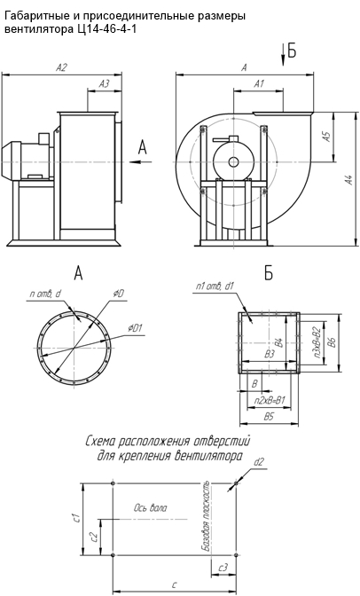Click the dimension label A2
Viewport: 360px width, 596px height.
pos(61,67)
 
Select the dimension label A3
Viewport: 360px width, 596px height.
pos(104,84)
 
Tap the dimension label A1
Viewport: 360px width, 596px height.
pos(259,83)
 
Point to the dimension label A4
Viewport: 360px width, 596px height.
pos(348,180)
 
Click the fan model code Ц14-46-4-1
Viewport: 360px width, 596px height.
pos(104,29)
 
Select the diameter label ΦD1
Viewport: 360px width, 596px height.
pos(135,327)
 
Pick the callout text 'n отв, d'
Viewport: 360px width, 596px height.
pos(45,294)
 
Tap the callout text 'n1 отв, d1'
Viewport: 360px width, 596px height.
pos(215,287)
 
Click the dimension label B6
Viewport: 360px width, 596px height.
pos(333,342)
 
